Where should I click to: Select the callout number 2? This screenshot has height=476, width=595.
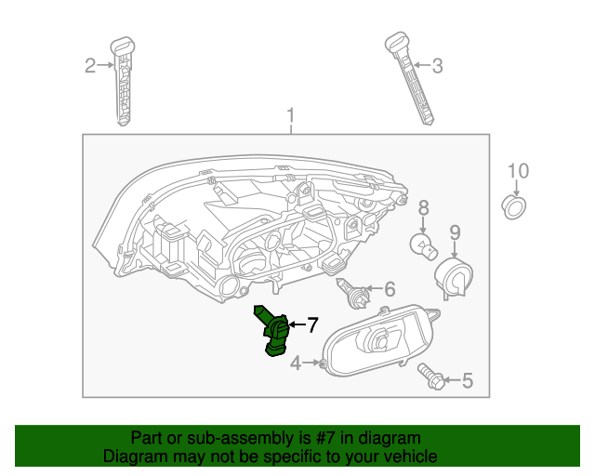click(x=90, y=65)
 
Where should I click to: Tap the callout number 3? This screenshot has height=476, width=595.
click(x=437, y=65)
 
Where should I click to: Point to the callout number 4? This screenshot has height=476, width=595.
click(x=296, y=364)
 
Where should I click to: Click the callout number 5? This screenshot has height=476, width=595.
click(x=467, y=379)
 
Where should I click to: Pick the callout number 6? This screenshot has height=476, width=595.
click(x=389, y=288)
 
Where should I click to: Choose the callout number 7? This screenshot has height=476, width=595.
click(x=312, y=324)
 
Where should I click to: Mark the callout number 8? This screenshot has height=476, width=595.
click(x=422, y=207)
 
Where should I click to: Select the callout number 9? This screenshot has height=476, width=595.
click(x=456, y=231)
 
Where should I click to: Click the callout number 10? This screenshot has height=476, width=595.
click(x=518, y=170)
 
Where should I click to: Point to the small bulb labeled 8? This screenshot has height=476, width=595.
click(x=424, y=247)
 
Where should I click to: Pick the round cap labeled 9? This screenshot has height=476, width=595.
click(x=453, y=276)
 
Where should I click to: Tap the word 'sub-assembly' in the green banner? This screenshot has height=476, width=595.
click(x=216, y=438)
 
